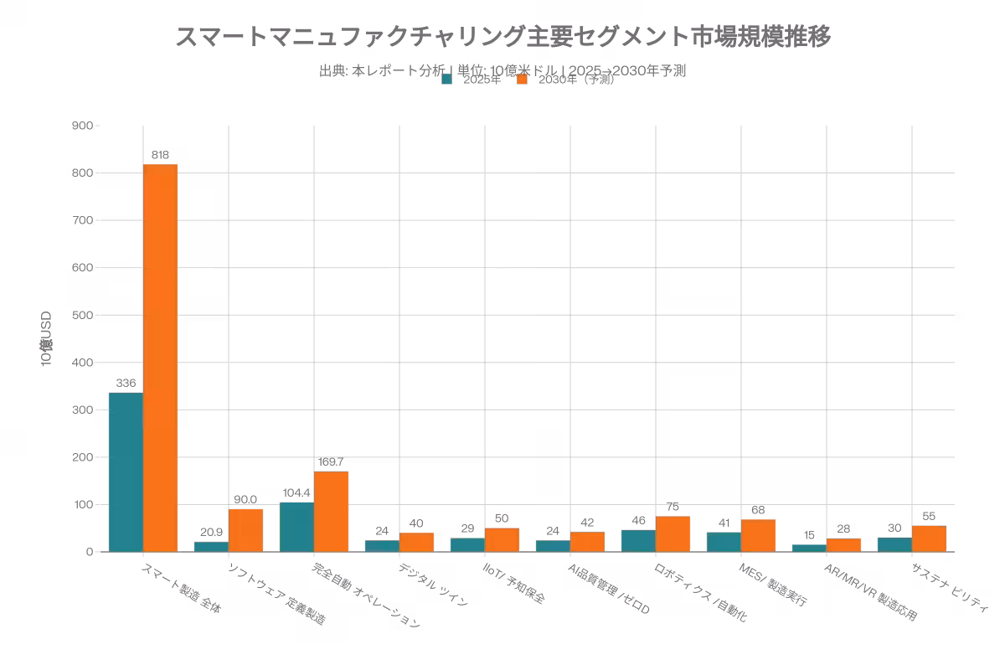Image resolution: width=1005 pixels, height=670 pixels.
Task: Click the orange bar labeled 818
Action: [x=160, y=358]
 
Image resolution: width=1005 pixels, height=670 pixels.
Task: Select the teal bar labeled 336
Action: [x=126, y=472]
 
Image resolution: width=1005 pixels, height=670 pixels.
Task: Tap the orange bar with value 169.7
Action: [x=331, y=512]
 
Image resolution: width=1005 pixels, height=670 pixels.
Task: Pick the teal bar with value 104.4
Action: [x=296, y=527]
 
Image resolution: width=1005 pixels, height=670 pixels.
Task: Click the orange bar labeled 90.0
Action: [x=245, y=530]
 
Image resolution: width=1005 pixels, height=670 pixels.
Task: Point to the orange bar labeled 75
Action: [x=673, y=533]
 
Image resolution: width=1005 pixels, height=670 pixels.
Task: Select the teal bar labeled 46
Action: [x=638, y=541]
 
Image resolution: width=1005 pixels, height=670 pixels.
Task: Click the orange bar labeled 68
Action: [x=758, y=535]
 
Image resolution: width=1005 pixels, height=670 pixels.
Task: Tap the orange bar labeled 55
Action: [x=929, y=539]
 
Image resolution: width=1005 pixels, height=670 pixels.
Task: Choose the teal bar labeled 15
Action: [x=809, y=548]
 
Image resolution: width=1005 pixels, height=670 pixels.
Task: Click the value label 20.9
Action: [x=211, y=532]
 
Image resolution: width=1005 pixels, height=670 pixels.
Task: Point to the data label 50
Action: [x=502, y=519]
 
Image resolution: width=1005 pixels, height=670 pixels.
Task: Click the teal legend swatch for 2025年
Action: [x=447, y=80]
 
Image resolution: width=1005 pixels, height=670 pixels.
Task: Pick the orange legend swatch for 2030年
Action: [x=522, y=80]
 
